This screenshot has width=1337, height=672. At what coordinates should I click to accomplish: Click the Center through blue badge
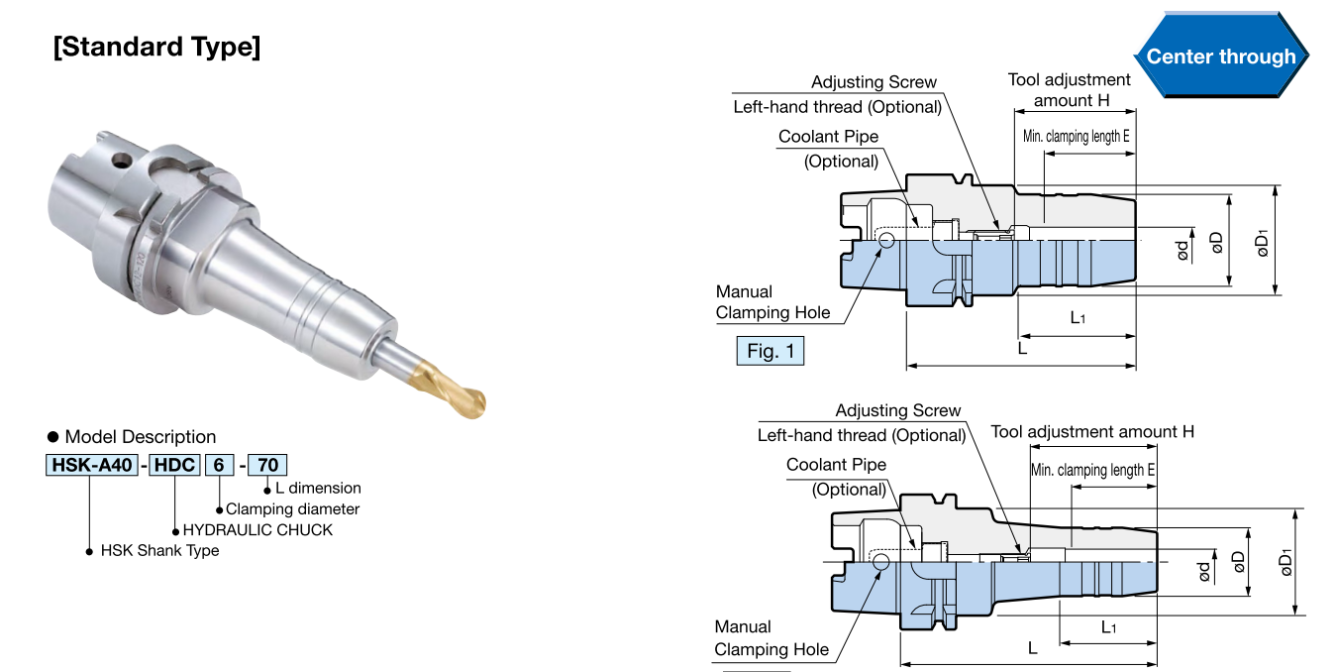1220,56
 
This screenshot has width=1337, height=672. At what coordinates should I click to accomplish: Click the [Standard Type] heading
156,47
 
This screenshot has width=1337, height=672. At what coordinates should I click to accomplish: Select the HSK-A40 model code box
91,464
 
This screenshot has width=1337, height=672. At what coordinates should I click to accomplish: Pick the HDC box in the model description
174,464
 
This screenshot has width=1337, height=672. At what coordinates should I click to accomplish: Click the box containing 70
266,464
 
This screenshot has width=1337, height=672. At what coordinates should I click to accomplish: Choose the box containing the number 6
218,464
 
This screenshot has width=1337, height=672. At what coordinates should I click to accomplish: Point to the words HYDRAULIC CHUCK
257,529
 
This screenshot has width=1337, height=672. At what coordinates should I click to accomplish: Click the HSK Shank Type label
159,550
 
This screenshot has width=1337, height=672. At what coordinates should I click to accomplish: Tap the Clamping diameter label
292,508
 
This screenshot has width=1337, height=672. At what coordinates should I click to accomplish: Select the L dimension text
317,488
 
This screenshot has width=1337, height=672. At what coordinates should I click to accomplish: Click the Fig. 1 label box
770,351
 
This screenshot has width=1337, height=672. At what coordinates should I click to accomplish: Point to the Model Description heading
140,437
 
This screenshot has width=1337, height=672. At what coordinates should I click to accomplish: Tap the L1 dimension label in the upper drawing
1078,317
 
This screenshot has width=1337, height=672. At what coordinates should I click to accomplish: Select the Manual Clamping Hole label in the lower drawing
771,638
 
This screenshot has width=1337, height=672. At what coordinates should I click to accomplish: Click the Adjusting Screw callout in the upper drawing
874,82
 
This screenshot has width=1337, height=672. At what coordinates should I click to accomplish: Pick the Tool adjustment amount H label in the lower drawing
1092,432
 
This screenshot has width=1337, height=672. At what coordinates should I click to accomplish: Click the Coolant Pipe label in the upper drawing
828,137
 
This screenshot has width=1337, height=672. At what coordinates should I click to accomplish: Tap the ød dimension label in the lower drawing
1204,572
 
